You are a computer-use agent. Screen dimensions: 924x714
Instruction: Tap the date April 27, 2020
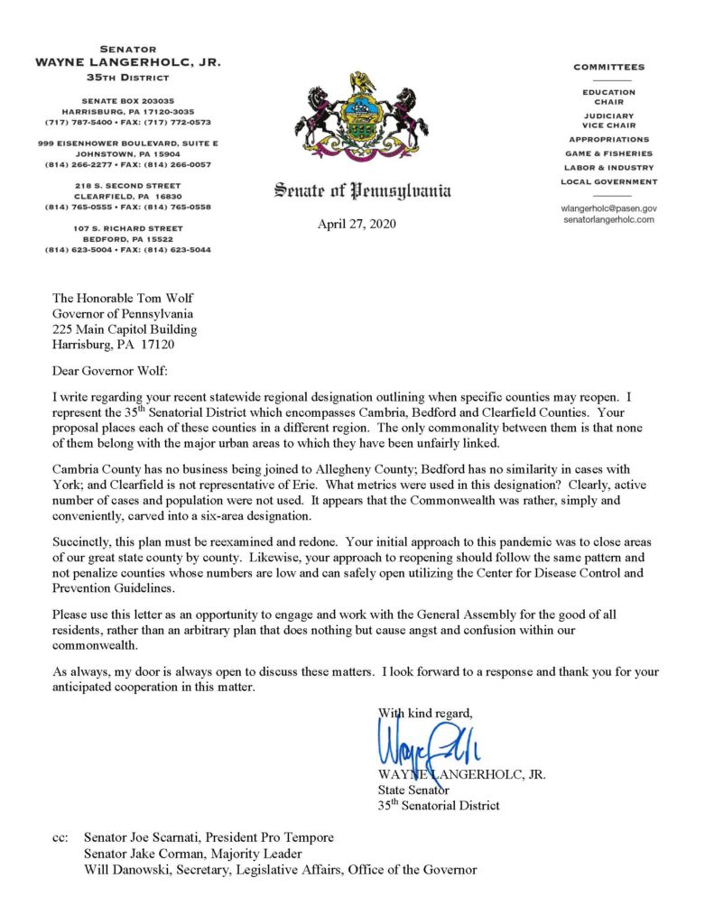tap(357, 225)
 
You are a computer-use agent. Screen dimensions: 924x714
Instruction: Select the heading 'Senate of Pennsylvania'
tap(362, 190)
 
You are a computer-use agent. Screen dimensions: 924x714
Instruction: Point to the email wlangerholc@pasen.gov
tap(607, 208)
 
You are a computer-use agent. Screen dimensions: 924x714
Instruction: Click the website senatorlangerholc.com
tap(607, 219)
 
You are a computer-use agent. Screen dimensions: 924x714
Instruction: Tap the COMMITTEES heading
tap(608, 68)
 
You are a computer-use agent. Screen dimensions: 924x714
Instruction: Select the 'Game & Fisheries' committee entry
tap(608, 153)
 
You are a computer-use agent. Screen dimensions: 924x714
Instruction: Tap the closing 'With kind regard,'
tap(424, 713)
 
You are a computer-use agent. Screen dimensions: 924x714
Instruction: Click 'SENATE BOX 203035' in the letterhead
tap(128, 100)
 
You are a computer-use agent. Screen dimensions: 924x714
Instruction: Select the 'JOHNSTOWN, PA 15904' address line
tap(128, 154)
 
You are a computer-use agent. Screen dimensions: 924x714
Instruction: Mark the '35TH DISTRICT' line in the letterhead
tap(128, 77)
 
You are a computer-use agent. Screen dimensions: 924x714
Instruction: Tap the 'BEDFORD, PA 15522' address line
tap(128, 239)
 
